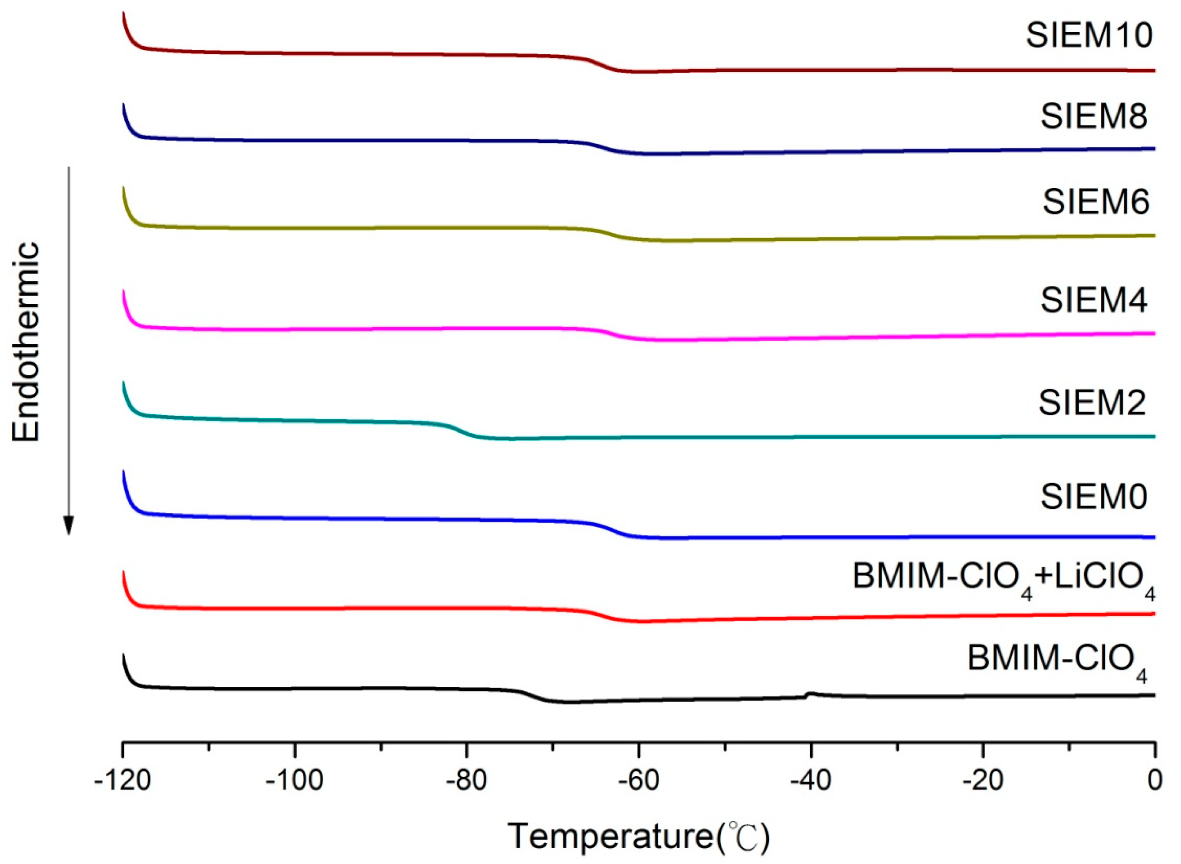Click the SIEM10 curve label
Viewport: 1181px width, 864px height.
1089,36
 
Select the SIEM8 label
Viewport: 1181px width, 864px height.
1093,116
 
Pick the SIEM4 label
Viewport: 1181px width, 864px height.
1093,300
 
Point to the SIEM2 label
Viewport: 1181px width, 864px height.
1092,403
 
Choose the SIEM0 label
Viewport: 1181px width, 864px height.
1093,496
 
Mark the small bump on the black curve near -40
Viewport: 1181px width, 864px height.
811,694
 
